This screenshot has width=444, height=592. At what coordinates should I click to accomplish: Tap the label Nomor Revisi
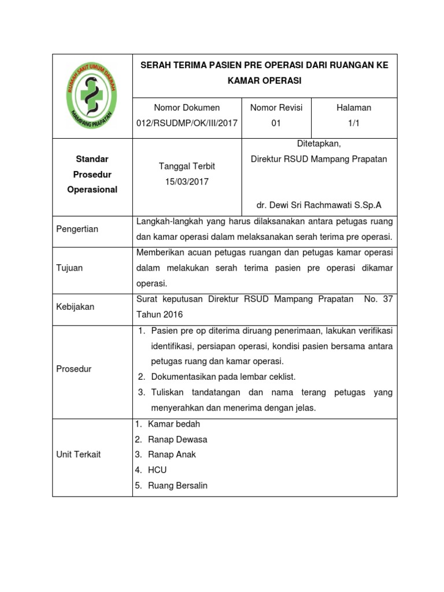(276, 108)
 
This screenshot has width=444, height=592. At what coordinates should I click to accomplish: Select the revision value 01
(276, 123)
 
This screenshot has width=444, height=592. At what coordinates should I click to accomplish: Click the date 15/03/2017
(187, 182)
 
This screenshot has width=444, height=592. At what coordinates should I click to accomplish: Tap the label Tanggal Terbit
(187, 166)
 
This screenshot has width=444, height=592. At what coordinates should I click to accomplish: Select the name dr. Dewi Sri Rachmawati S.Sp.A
(319, 205)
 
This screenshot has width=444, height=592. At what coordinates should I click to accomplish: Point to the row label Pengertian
(77, 229)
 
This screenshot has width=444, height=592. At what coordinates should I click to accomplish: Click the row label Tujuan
(69, 268)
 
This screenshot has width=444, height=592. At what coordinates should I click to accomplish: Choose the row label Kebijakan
(75, 306)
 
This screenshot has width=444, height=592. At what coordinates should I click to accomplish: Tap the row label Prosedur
(74, 369)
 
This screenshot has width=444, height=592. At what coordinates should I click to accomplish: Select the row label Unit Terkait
(79, 454)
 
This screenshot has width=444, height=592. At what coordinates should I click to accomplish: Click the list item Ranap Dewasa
(177, 439)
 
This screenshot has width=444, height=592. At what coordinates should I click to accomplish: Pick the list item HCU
(157, 470)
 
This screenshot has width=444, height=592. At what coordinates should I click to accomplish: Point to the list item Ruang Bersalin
(177, 486)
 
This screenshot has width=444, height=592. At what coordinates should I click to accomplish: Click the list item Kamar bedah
(174, 424)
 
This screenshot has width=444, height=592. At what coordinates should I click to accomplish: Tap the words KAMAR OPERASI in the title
(265, 81)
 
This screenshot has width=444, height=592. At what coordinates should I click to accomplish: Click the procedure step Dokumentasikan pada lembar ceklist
(223, 377)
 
